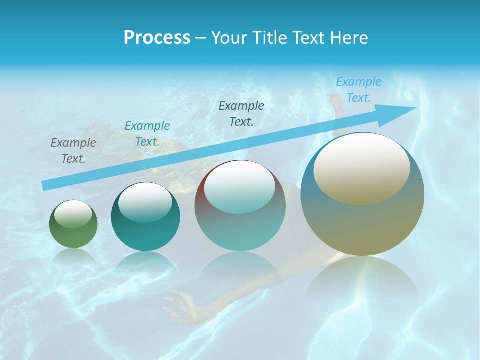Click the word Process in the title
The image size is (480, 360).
157,37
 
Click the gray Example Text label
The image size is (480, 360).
73,150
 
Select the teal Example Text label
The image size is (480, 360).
147,133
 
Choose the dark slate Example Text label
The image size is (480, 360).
241,113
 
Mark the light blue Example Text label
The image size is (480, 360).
359,90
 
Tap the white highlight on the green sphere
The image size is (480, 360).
73,214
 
